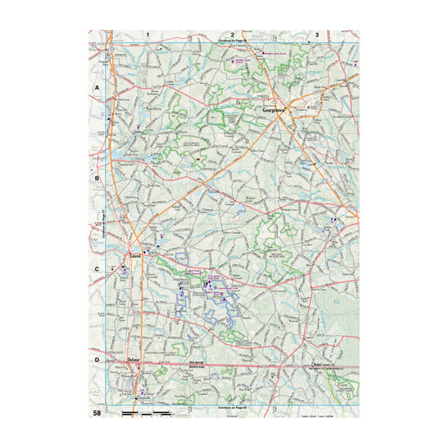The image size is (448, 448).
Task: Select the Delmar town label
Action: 134,360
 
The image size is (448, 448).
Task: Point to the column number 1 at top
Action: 149,34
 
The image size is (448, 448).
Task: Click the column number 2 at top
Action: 233,34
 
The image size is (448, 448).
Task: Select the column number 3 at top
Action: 317,34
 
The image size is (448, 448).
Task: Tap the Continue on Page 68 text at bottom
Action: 234,408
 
